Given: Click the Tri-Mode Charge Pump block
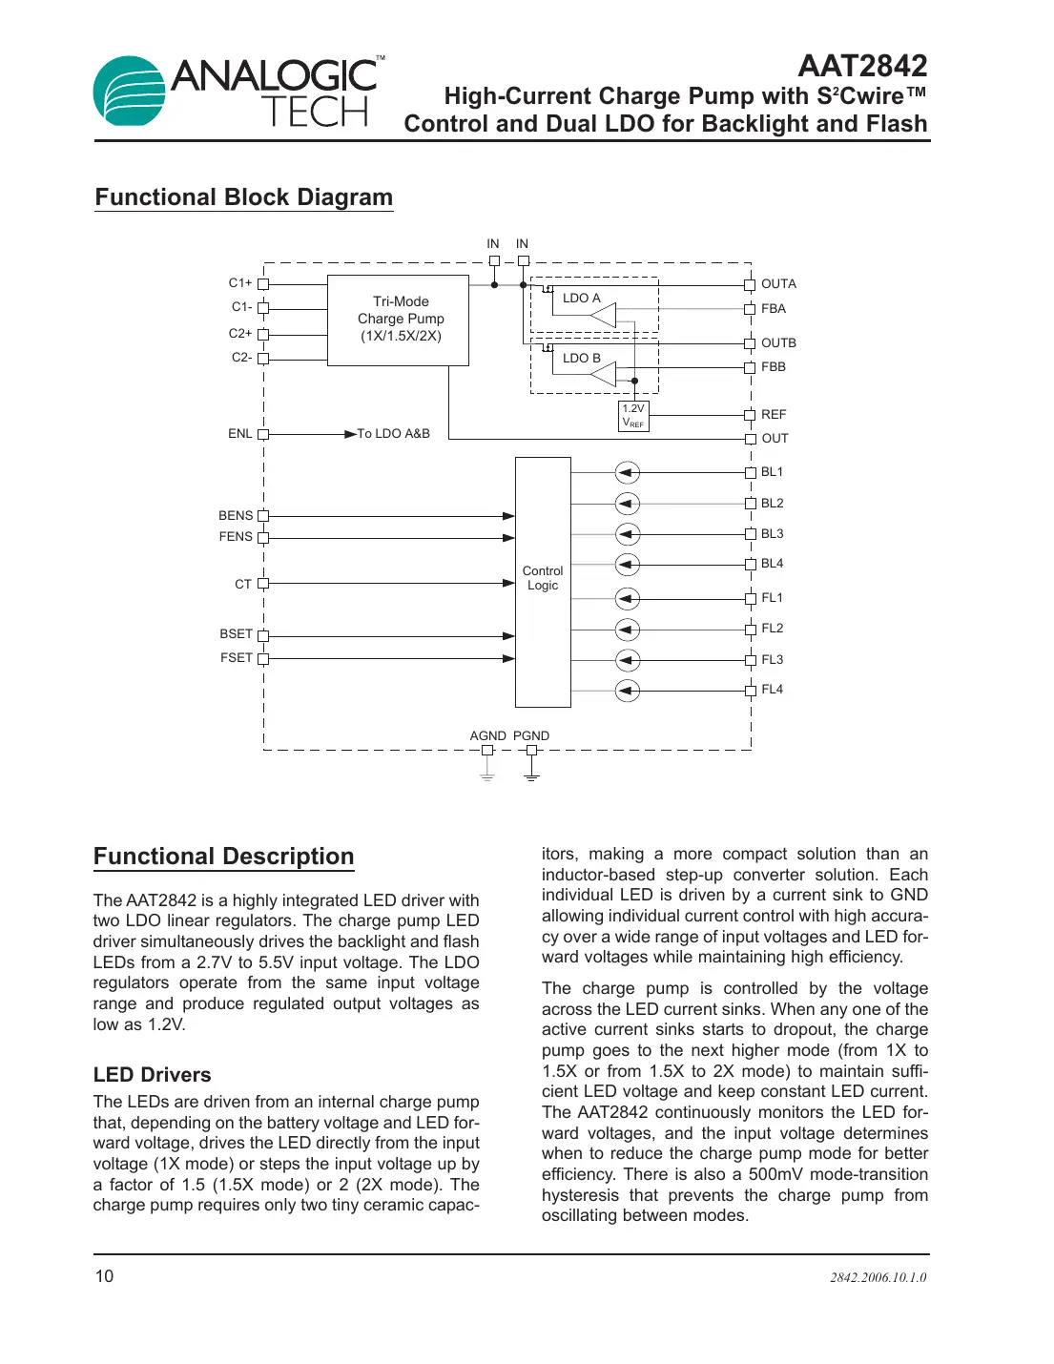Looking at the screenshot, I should [398, 320].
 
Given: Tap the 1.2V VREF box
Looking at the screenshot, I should [633, 416].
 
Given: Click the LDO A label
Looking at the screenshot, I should [581, 299].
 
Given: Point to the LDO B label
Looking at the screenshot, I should [581, 359].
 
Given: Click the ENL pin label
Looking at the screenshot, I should [239, 434].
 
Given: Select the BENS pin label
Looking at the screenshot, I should [236, 516].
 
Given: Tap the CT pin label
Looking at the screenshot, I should [243, 584].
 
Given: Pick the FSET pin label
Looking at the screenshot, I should [237, 658].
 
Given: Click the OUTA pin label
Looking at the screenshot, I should [778, 284].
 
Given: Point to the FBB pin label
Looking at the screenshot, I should [774, 367].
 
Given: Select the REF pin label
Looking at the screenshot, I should [774, 415].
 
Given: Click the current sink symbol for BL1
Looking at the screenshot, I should [627, 473].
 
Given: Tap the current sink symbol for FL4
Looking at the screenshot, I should [627, 690].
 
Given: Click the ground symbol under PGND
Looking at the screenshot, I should [532, 777].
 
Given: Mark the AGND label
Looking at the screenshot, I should [487, 736].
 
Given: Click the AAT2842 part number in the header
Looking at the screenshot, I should [862, 66].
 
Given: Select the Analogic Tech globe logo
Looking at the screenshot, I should [130, 92].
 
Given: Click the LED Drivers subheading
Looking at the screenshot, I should [153, 1075].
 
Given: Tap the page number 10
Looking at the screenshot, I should [104, 1276].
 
